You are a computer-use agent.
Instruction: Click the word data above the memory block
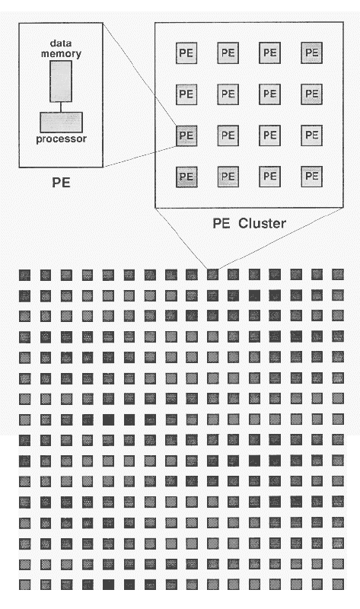(62, 45)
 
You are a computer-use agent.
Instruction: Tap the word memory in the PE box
(62, 54)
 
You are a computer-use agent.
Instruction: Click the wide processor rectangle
(61, 122)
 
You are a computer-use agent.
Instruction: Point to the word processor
(62, 140)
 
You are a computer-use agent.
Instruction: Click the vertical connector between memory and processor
(61, 106)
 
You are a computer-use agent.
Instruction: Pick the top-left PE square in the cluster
(186, 53)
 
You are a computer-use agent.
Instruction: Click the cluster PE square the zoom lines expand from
(186, 136)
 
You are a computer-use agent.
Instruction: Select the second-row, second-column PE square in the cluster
(228, 95)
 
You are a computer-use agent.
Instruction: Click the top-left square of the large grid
(25, 274)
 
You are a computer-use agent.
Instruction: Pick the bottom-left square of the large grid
(25, 585)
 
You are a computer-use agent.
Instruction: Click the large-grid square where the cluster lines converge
(212, 274)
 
